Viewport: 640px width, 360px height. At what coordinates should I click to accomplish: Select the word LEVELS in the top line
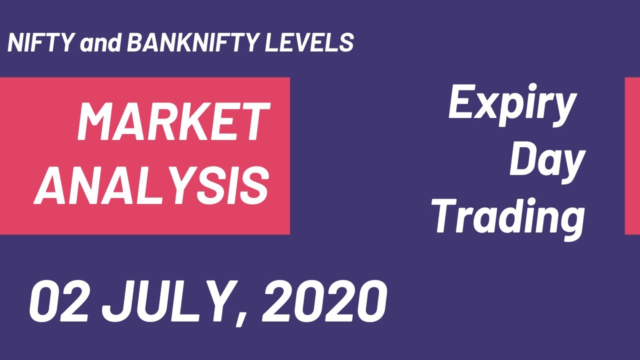pos(309,43)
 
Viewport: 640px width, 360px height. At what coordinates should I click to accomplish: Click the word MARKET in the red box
pos(173,121)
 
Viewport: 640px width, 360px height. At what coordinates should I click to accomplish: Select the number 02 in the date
pos(58,301)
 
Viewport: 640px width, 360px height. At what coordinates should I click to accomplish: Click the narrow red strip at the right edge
pos(632,155)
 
